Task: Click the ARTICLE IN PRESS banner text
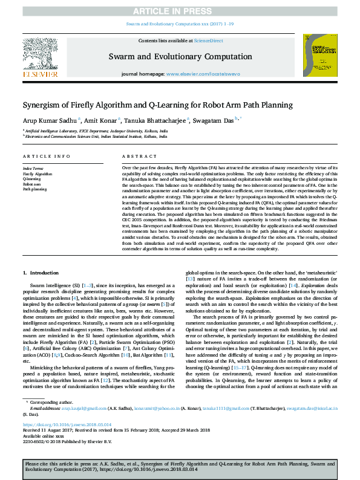[180, 11]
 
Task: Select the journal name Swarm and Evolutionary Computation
[180, 56]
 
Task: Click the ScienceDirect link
[207, 40]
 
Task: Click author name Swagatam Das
[215, 120]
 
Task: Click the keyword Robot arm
[31, 184]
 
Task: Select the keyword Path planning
[34, 189]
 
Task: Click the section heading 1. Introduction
[41, 274]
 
